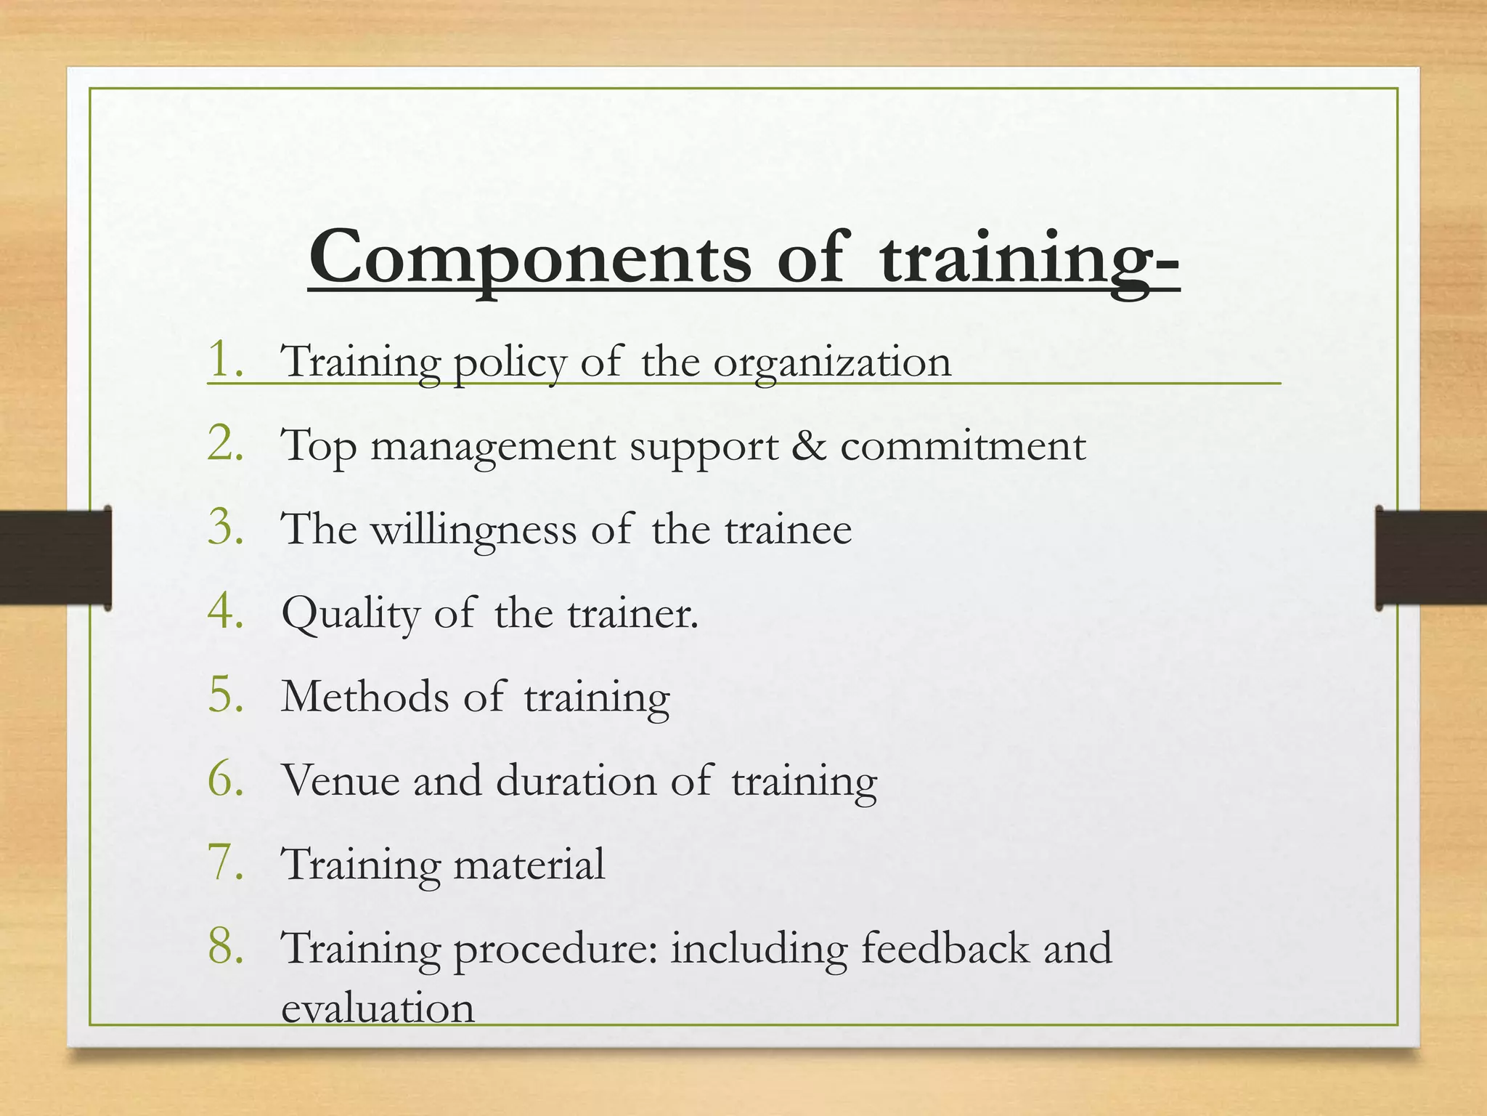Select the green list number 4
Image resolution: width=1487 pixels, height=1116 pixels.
coord(221,612)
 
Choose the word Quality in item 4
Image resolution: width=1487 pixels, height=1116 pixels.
coord(351,615)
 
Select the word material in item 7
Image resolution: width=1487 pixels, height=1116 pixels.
coord(529,864)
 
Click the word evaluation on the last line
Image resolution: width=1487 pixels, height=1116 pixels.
coord(378,1009)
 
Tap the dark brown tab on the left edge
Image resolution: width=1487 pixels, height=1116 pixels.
coord(55,558)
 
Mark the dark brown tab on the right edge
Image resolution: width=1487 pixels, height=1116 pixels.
coord(1431,558)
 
